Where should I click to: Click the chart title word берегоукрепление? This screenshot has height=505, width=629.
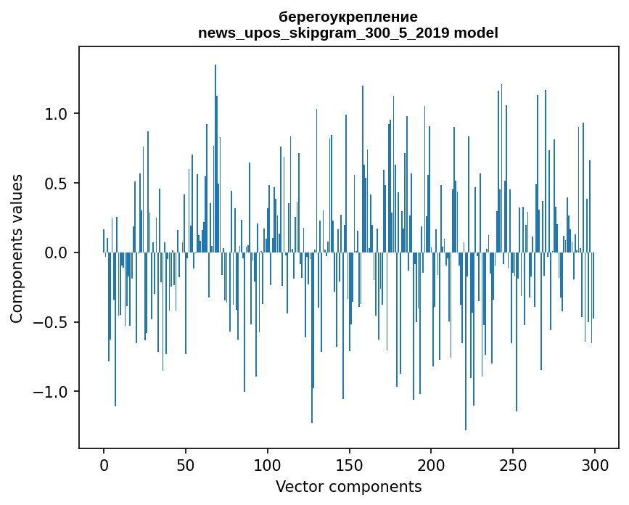348,17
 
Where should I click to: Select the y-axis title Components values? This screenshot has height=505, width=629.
17,248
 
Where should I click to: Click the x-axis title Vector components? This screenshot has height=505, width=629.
348,487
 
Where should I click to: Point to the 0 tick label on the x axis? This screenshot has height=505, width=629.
104,464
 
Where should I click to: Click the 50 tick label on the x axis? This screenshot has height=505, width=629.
186,464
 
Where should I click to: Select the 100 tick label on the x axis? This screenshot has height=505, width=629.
268,464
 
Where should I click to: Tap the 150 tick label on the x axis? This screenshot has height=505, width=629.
349,464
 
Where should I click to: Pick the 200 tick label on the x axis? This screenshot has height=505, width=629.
431,464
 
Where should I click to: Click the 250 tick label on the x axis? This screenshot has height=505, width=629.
513,464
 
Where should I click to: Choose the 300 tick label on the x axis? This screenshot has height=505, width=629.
595,464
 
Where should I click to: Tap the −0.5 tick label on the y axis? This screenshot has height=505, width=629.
52,323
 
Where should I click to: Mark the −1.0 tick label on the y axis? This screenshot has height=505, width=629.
52,392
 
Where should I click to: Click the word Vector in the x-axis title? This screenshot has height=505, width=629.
297,487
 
